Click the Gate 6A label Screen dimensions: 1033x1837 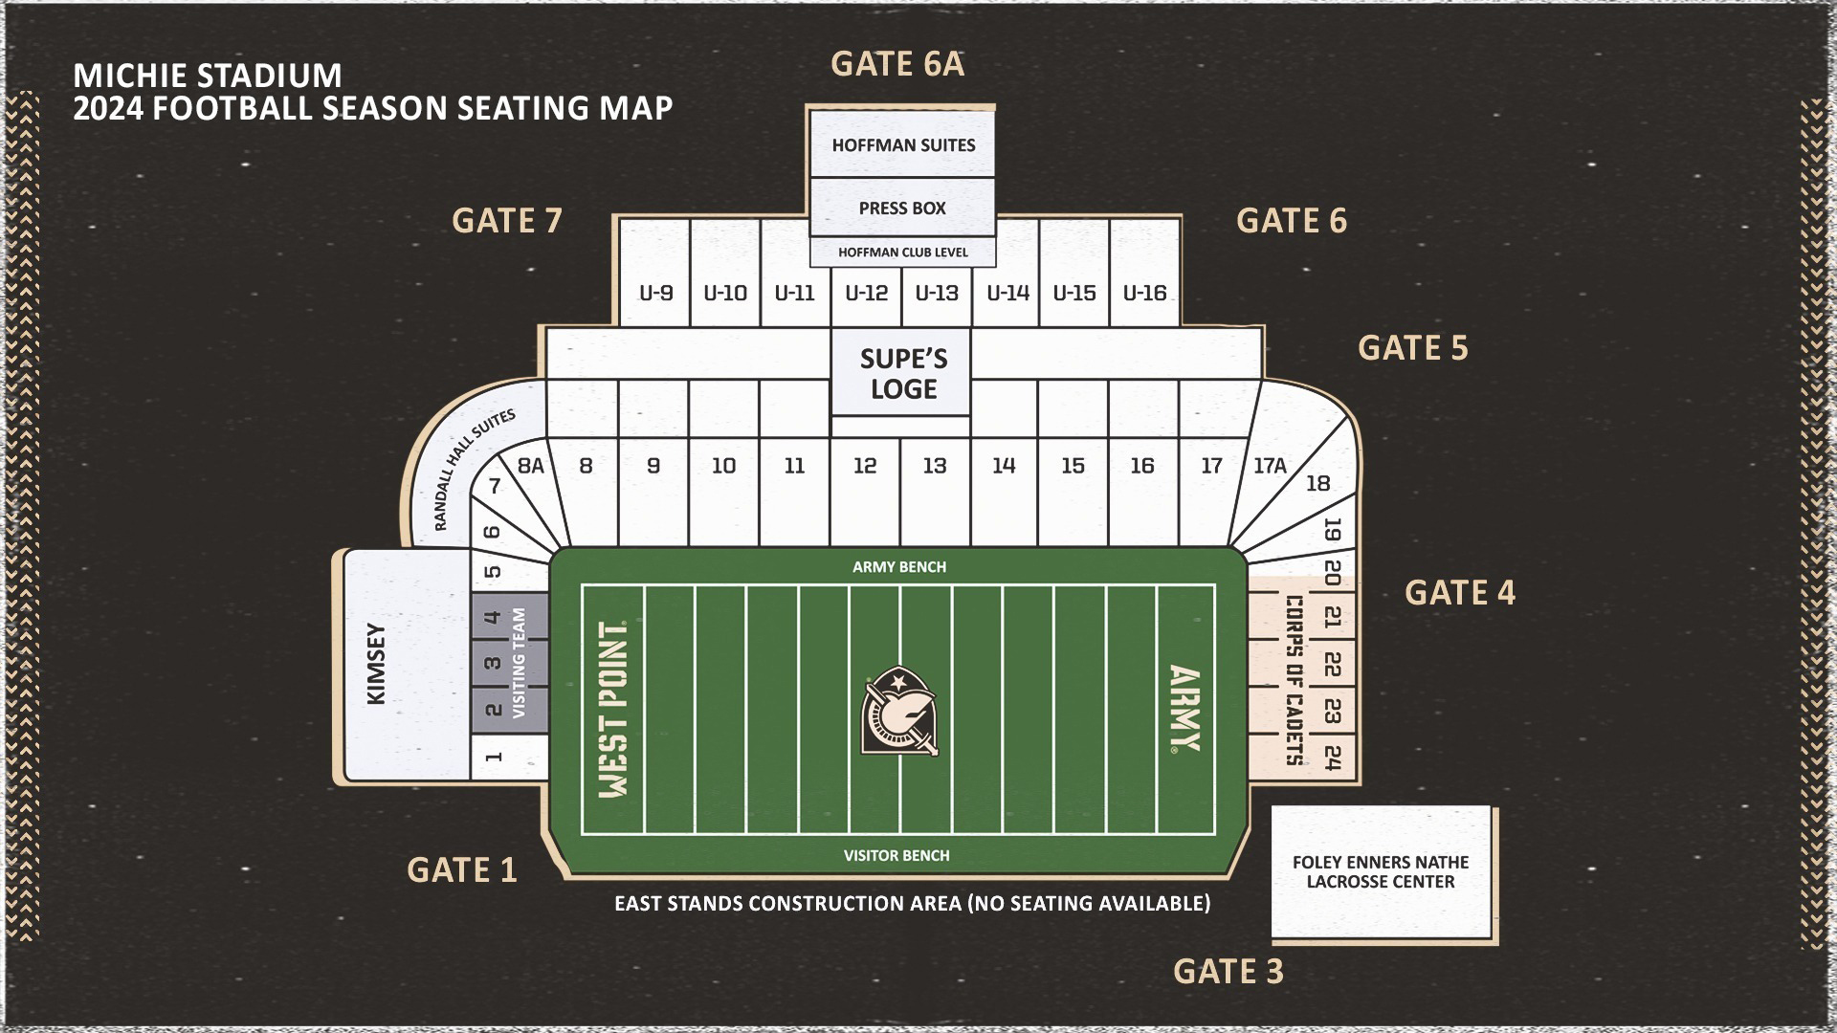(896, 64)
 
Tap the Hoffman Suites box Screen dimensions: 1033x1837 (902, 145)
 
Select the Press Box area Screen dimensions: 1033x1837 (902, 208)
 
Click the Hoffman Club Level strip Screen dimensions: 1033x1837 (902, 253)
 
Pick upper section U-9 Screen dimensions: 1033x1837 (655, 293)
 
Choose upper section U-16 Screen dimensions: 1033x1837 (1144, 293)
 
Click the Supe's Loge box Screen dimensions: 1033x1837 (902, 374)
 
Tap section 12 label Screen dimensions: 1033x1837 (865, 466)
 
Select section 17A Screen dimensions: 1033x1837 (1270, 466)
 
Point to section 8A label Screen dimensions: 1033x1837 (530, 466)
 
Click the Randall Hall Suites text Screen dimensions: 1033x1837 (474, 469)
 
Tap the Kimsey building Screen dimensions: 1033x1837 (377, 665)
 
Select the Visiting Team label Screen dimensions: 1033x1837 (520, 662)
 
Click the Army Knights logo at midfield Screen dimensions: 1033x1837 (898, 711)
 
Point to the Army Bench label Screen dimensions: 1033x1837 (898, 567)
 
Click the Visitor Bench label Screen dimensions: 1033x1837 (896, 856)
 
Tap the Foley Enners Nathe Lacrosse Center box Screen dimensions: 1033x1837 (1381, 871)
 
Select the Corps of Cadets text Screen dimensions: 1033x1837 (1293, 680)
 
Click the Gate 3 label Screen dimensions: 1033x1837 (1228, 972)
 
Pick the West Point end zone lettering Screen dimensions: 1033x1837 (612, 710)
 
